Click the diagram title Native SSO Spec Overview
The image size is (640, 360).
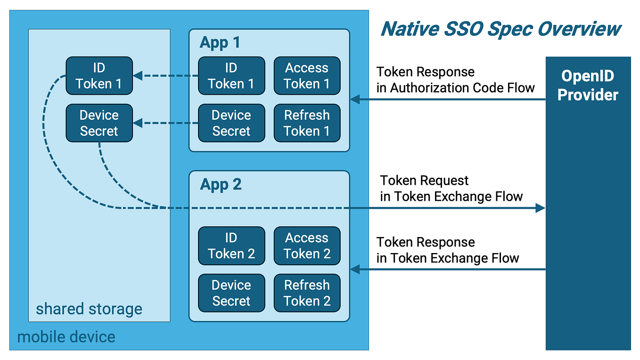501,29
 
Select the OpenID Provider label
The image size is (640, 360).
587,85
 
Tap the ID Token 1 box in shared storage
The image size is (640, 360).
99,76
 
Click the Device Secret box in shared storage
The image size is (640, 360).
99,123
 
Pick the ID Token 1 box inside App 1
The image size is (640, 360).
231,76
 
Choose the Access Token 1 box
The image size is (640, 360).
307,76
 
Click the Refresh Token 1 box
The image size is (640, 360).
307,123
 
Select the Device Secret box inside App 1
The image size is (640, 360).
231,123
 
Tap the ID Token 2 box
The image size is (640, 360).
231,245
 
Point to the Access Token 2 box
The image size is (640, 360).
307,245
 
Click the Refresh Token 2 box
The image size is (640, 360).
307,293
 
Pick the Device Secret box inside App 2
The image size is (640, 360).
231,293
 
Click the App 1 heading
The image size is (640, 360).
220,42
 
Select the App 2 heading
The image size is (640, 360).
221,184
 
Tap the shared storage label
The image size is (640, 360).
89,309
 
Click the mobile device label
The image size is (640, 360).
66,337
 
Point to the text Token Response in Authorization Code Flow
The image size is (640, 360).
455,80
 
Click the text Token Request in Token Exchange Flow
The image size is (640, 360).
451,188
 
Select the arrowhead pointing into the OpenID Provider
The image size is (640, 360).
541,208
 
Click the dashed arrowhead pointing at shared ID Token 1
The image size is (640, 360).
138,76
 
